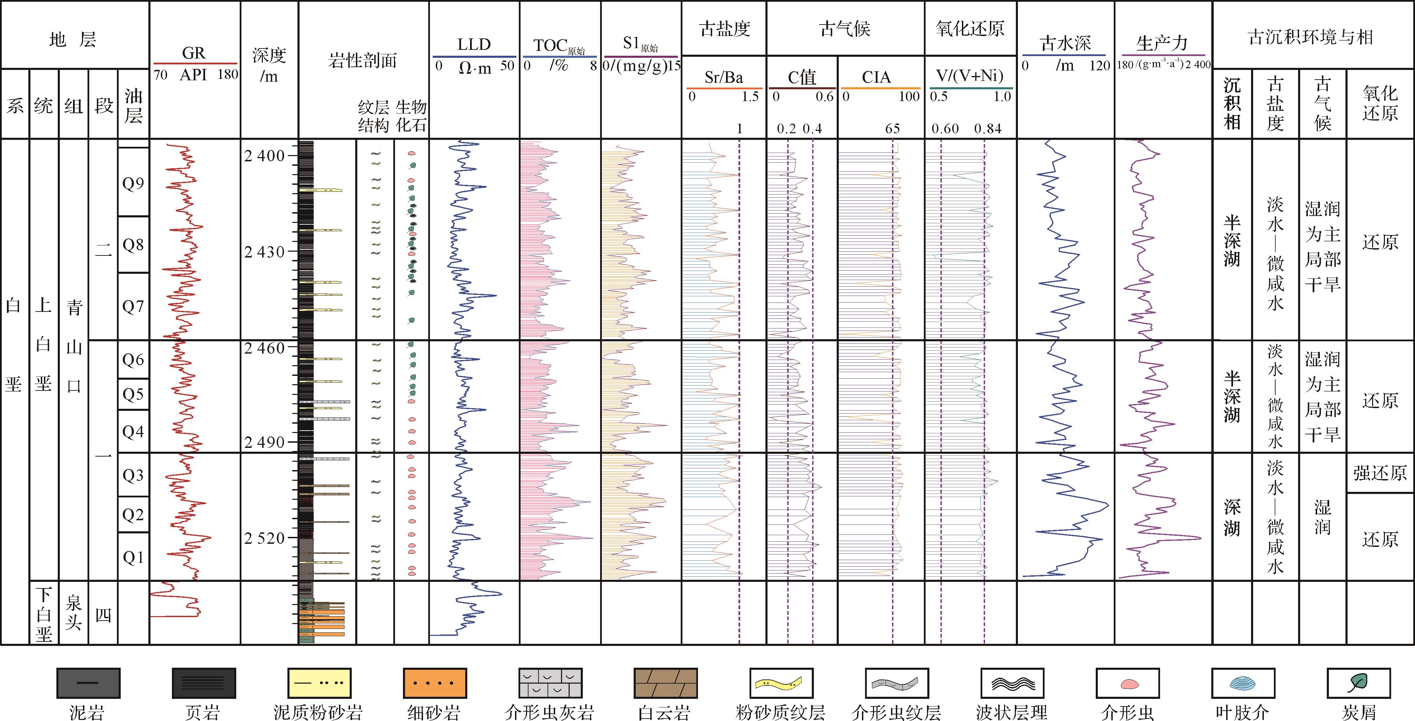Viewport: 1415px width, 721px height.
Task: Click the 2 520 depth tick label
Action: click(x=265, y=538)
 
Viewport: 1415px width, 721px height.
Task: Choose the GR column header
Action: click(x=194, y=53)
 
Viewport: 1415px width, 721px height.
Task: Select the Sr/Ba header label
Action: click(x=724, y=78)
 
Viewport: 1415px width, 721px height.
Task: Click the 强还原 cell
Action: click(x=1380, y=472)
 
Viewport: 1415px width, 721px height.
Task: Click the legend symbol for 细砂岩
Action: click(x=434, y=683)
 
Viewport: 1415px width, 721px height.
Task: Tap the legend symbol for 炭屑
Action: click(x=1358, y=683)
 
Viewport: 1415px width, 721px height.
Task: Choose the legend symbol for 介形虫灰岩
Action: click(x=550, y=683)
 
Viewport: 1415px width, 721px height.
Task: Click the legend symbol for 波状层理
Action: click(x=1012, y=683)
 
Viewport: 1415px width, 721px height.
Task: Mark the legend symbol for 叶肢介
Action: click(x=1243, y=683)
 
